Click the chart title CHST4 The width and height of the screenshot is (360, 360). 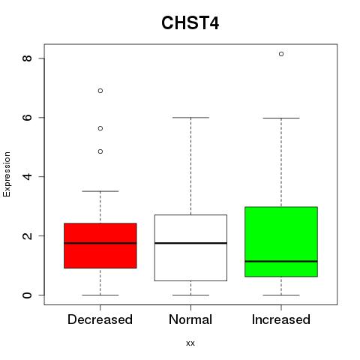(x=190, y=23)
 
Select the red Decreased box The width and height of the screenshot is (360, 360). (x=100, y=246)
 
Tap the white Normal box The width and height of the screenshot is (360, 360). (x=190, y=247)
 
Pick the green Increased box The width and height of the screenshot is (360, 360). (x=281, y=241)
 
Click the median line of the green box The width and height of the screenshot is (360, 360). (x=281, y=261)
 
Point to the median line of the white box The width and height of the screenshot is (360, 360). (x=190, y=243)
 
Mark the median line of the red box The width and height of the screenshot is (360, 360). (x=100, y=243)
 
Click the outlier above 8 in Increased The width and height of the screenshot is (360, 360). (x=281, y=54)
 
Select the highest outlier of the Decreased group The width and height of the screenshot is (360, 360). (x=100, y=91)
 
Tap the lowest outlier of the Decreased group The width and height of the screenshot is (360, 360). (x=100, y=151)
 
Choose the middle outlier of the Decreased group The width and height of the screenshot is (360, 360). (x=100, y=128)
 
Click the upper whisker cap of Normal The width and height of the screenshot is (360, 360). (x=190, y=118)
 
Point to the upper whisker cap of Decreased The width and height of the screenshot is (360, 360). (x=100, y=191)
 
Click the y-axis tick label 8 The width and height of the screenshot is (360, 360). (x=27, y=58)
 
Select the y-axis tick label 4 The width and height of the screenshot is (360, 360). (x=27, y=176)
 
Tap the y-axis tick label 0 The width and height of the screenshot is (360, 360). (x=27, y=295)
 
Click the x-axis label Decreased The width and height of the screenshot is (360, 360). (x=100, y=319)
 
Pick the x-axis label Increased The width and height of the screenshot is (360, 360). (x=281, y=319)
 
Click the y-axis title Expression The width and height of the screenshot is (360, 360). (x=7, y=174)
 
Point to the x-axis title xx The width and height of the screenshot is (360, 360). (x=190, y=343)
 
